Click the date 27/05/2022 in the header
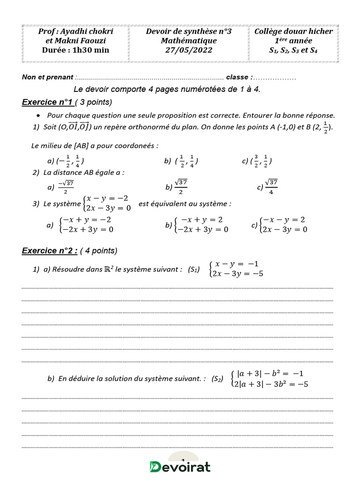pyautogui.click(x=188, y=50)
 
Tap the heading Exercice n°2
pyautogui.click(x=50, y=250)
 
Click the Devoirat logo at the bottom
pyautogui.click(x=180, y=466)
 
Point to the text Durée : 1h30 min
pyautogui.click(x=75, y=50)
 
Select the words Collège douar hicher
pyautogui.click(x=293, y=31)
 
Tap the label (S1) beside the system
pyautogui.click(x=194, y=270)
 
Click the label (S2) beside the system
pyautogui.click(x=217, y=379)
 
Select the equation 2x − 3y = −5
pyautogui.click(x=237, y=274)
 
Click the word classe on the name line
pyautogui.click(x=238, y=77)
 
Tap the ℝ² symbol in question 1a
pyautogui.click(x=109, y=269)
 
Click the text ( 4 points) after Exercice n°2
pyautogui.click(x=98, y=250)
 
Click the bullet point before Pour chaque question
pyautogui.click(x=37, y=115)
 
